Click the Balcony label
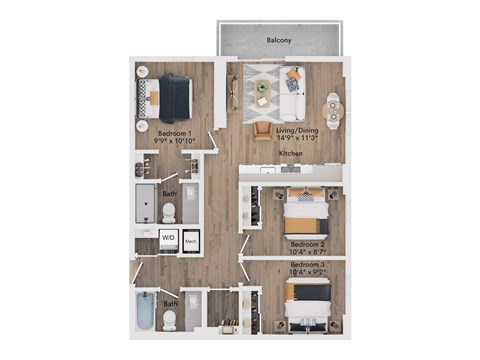[x=279, y=40]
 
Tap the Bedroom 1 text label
[x=175, y=130]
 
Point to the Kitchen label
[x=291, y=153]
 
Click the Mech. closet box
[x=190, y=240]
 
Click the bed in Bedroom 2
[x=307, y=212]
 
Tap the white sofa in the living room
[x=293, y=93]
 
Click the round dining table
[x=332, y=106]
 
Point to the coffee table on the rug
[x=262, y=89]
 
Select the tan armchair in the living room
[x=262, y=130]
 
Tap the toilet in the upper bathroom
[x=169, y=212]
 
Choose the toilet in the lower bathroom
[x=169, y=319]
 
